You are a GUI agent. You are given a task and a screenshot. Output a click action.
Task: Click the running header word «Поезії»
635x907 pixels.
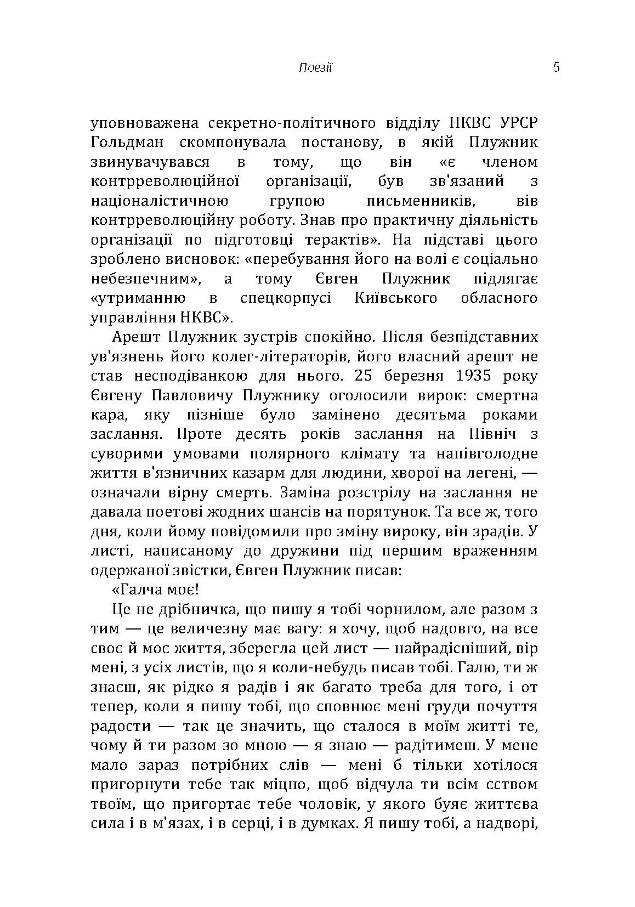pos(316,68)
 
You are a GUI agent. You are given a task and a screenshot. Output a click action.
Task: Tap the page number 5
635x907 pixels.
pos(556,67)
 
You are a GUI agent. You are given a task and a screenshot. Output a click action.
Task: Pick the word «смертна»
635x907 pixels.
pos(507,395)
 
